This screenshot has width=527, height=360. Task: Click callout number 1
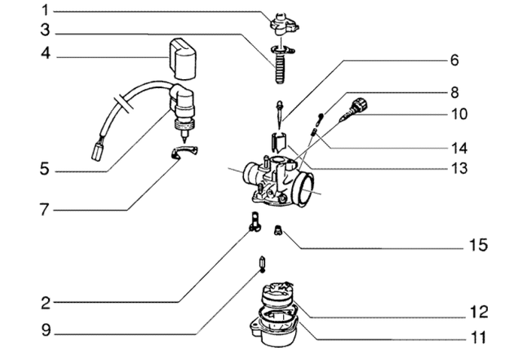tap(45, 11)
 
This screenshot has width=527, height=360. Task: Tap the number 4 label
tap(45, 55)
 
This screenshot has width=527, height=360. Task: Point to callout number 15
tap(479, 245)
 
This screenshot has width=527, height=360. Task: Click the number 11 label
tap(479, 337)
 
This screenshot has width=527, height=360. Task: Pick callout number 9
tap(45, 329)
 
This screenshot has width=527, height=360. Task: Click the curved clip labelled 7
tap(183, 154)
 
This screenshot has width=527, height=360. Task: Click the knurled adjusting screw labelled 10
tap(360, 107)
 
